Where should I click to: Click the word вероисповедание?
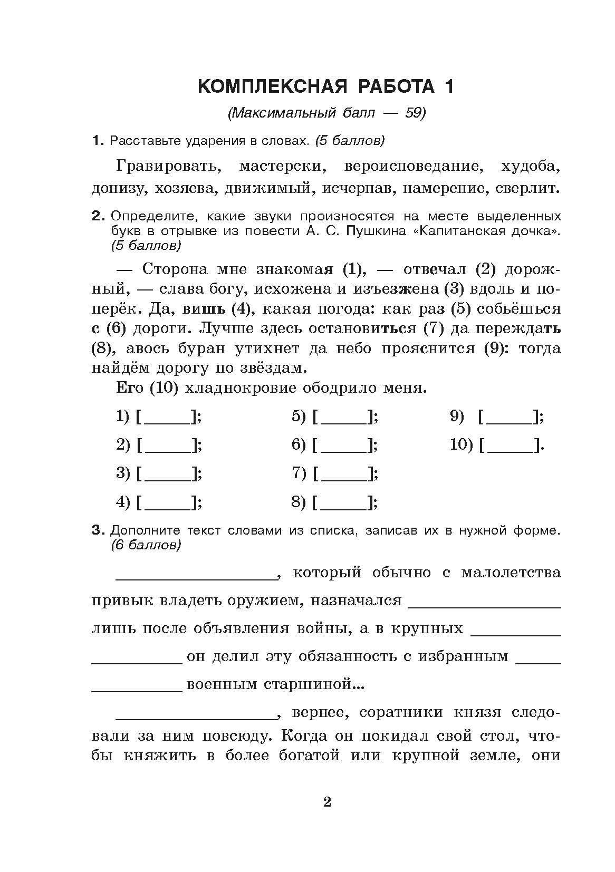point(413,167)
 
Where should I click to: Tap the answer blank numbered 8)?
point(344,503)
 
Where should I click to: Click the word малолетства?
point(511,573)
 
